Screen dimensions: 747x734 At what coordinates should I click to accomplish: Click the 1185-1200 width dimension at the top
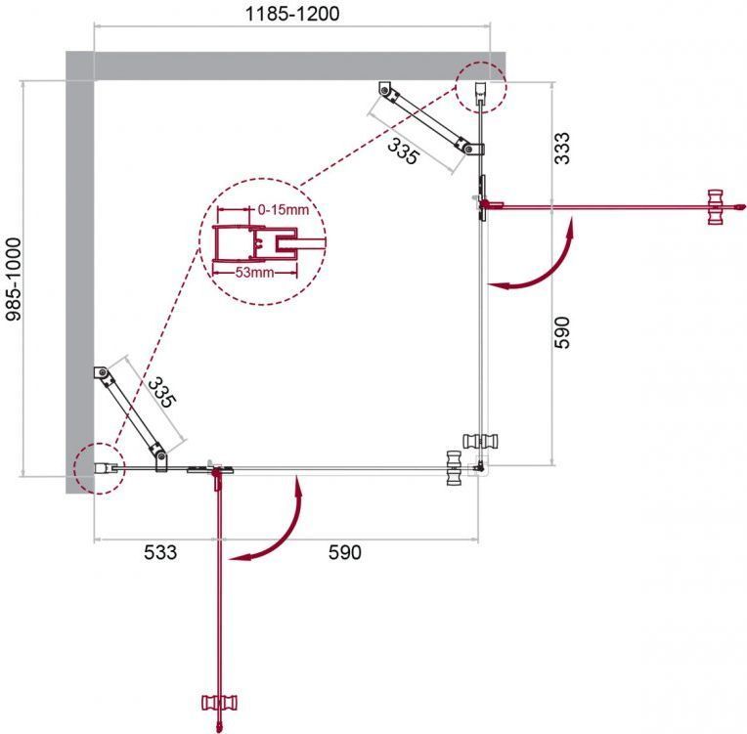pyautogui.click(x=292, y=14)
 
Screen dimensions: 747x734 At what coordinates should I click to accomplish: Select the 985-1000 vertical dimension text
pyautogui.click(x=14, y=280)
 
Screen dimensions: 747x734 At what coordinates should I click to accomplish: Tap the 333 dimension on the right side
pyautogui.click(x=561, y=149)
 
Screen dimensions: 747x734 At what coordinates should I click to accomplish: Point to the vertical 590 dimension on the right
pyautogui.click(x=561, y=332)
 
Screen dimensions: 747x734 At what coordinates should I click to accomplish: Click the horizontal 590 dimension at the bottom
pyautogui.click(x=345, y=552)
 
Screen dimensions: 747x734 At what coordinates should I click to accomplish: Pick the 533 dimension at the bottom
pyautogui.click(x=160, y=552)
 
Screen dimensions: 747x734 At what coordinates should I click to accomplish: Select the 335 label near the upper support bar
pyautogui.click(x=404, y=151)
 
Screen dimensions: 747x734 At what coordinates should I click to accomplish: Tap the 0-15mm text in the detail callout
pyautogui.click(x=284, y=209)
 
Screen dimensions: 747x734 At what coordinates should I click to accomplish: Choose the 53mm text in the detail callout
pyautogui.click(x=254, y=273)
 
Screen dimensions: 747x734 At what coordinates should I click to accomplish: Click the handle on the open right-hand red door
pyautogui.click(x=715, y=207)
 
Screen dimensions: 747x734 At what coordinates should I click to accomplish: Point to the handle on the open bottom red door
pyautogui.click(x=219, y=703)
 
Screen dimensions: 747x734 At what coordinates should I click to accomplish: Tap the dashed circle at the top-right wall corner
pyautogui.click(x=480, y=88)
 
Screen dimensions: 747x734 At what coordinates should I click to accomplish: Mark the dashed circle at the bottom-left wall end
pyautogui.click(x=99, y=468)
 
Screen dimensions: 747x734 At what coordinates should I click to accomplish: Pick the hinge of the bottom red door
pyautogui.click(x=218, y=477)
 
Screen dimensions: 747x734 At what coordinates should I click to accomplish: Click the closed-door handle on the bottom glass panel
pyautogui.click(x=454, y=468)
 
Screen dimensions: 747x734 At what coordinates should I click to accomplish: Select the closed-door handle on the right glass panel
pyautogui.click(x=481, y=441)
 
